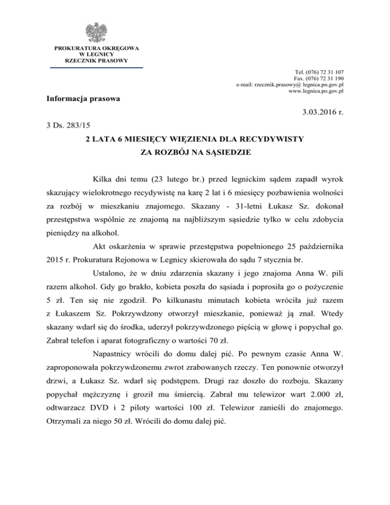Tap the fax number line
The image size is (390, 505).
point(319,79)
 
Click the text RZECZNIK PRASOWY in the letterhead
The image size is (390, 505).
point(96,59)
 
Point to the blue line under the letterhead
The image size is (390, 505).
point(96,67)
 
